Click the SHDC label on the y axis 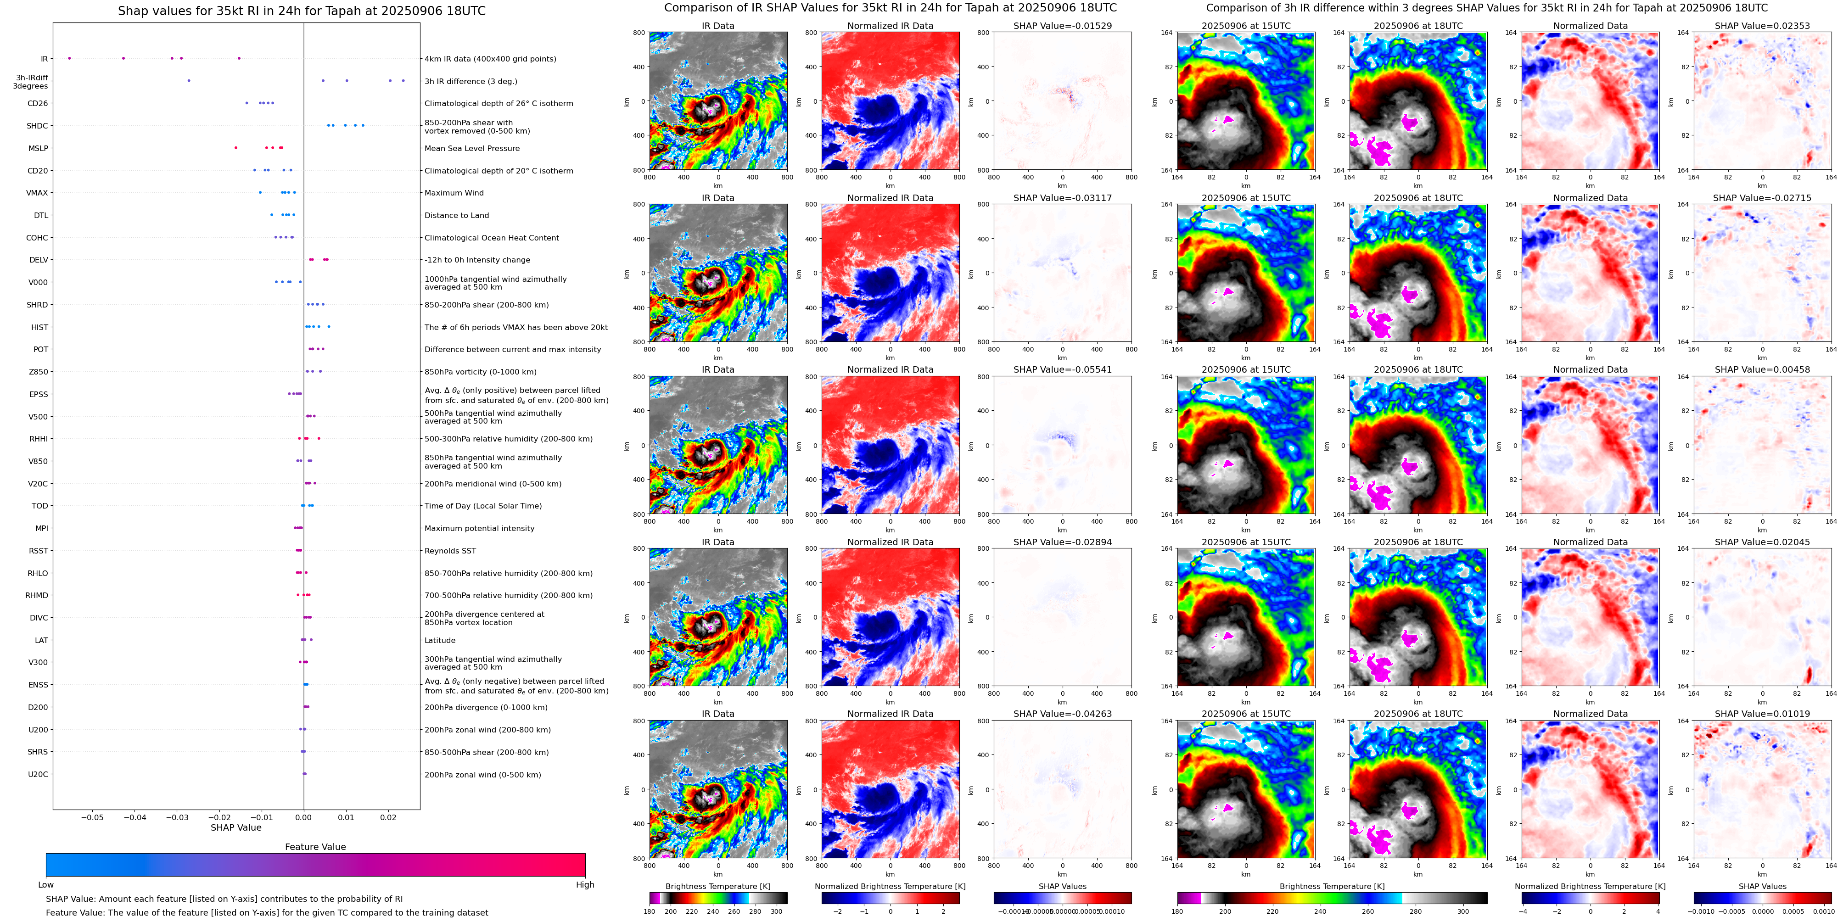click(37, 126)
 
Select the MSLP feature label click(38, 149)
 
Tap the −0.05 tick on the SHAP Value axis click(92, 817)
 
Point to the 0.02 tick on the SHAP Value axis click(388, 817)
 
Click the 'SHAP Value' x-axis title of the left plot click(236, 827)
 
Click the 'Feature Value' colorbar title click(315, 847)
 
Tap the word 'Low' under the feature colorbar click(46, 885)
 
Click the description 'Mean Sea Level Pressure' click(472, 149)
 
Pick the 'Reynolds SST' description click(450, 551)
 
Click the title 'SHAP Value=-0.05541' click(1063, 370)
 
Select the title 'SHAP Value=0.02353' click(1762, 26)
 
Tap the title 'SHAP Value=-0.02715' click(1762, 198)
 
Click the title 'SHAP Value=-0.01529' click(1063, 26)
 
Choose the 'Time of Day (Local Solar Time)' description click(483, 506)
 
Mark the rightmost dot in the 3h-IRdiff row click(403, 81)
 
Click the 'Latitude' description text click(440, 640)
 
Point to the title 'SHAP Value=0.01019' click(1762, 714)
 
